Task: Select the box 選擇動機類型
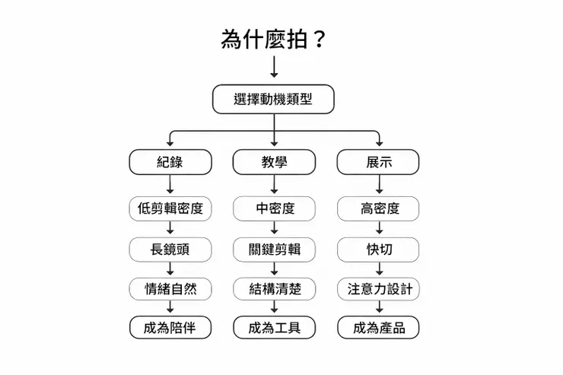[273, 99]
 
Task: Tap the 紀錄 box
[170, 162]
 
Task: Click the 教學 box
[274, 162]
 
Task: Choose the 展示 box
[379, 162]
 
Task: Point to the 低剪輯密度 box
[170, 208]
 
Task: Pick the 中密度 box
[274, 208]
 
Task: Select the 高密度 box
[379, 208]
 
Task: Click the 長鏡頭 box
[170, 249]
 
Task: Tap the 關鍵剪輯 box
[274, 249]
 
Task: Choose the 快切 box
[379, 249]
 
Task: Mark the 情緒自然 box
[170, 289]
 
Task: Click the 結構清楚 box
[274, 289]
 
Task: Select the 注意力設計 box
[379, 289]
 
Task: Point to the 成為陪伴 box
[170, 328]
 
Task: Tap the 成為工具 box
[274, 328]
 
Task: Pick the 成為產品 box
[379, 328]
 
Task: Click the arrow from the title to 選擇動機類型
[274, 68]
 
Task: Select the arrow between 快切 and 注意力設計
[379, 269]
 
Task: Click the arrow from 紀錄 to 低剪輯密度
[170, 185]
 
